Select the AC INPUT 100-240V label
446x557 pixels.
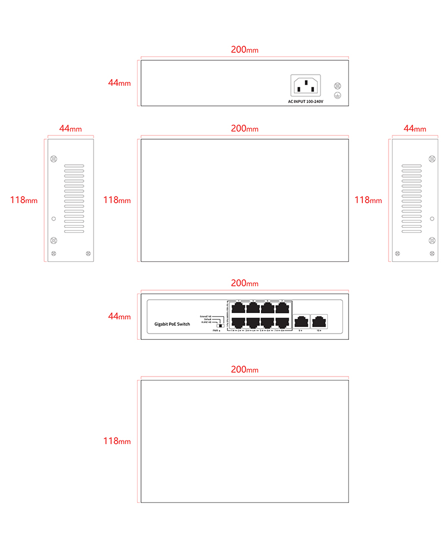coord(306,101)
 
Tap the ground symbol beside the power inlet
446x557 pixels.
coord(337,96)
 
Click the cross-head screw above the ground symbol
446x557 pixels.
coord(337,86)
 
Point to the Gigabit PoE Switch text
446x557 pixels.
coord(172,324)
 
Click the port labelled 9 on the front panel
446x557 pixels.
coord(301,321)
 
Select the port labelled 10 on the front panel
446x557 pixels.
coord(319,321)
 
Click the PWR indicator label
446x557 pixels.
coord(216,331)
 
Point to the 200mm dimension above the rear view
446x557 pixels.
coord(245,50)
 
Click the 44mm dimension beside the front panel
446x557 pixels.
coord(119,316)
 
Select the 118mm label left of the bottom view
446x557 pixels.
coord(117,441)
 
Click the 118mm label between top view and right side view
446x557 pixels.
coord(369,200)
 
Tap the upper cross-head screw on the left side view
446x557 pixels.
coord(54,159)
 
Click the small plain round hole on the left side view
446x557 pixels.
coord(54,218)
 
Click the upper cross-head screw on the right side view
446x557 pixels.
coord(432,159)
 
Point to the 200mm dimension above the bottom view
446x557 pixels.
coord(245,369)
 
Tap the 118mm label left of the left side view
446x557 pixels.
coord(24,200)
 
